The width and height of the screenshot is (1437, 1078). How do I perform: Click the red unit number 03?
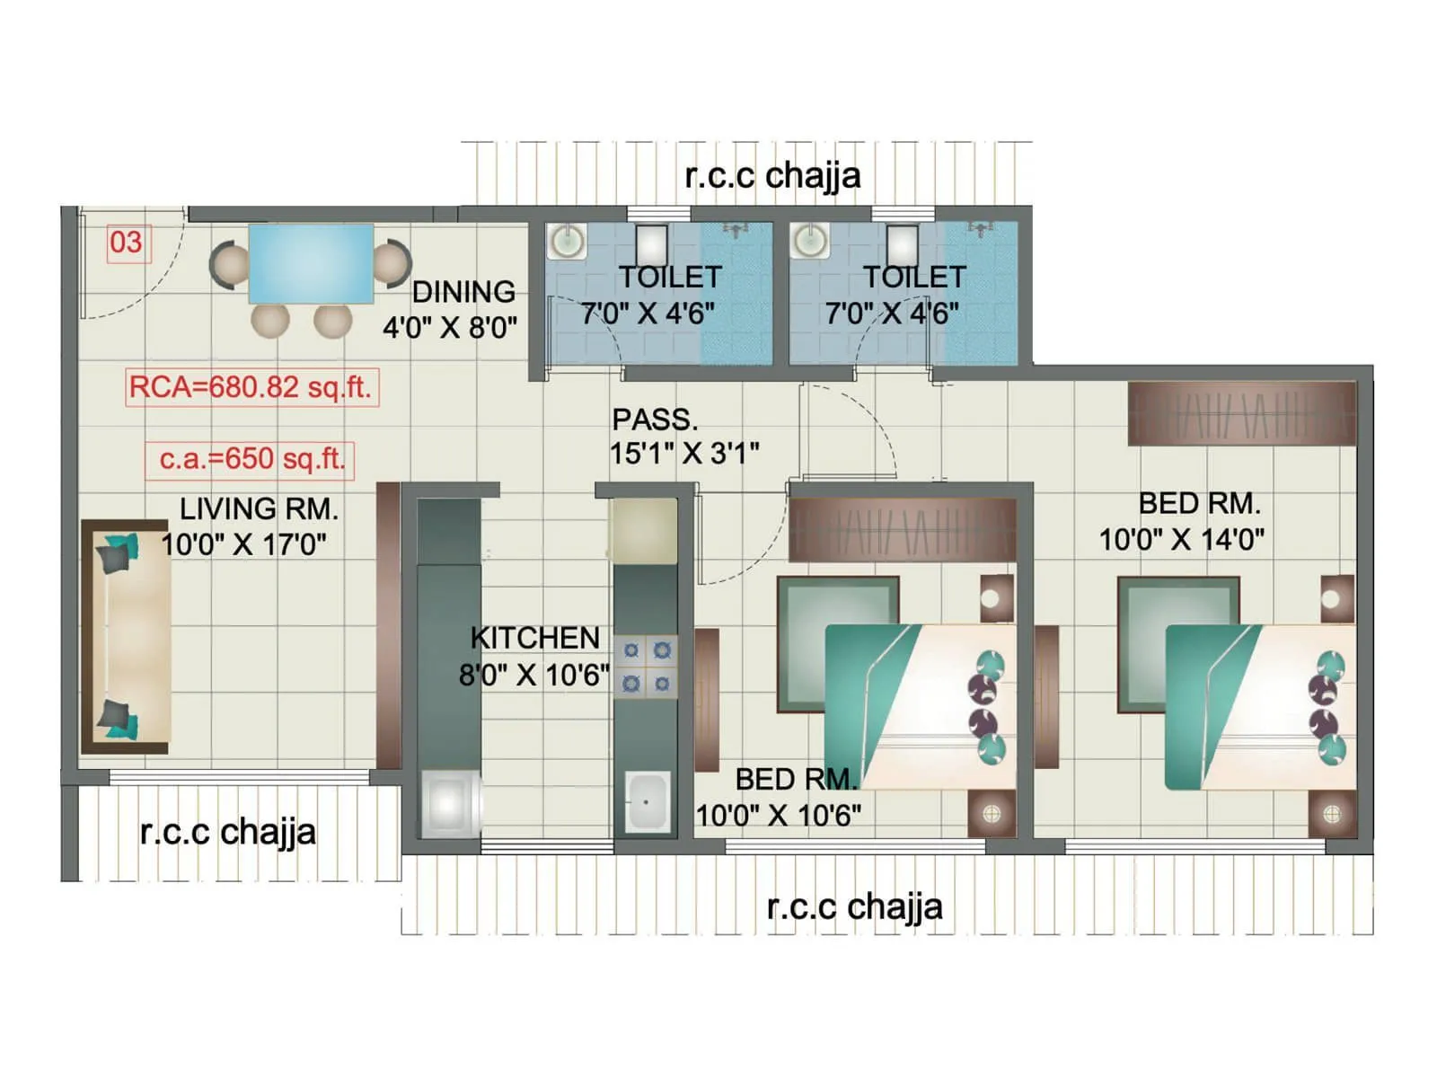126,243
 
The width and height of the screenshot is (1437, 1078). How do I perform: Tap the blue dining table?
311,263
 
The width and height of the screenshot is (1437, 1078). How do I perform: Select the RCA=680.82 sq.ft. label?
251,387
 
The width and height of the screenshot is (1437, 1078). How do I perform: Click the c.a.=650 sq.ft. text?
251,459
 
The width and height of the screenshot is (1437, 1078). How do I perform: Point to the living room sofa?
126,636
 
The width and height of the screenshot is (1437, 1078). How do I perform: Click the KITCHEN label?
535,638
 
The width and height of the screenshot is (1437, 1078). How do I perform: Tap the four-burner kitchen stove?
646,667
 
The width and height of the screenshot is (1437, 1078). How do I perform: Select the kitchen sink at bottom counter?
647,801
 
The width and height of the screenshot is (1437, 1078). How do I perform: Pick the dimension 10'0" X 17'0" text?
243,544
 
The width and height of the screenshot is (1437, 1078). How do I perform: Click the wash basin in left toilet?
567,241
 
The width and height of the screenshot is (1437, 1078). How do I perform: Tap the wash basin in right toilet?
810,241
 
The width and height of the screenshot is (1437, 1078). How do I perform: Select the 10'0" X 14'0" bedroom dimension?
1182,539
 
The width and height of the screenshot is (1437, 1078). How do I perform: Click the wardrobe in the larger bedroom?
1241,413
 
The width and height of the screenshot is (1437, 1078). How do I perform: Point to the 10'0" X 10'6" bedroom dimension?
779,816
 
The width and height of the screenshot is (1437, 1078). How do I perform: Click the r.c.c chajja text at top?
772,175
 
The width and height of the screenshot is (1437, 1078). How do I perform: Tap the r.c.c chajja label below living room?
228,832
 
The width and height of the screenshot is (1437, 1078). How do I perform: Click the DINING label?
463,292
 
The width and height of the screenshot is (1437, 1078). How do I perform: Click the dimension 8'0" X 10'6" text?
533,675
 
